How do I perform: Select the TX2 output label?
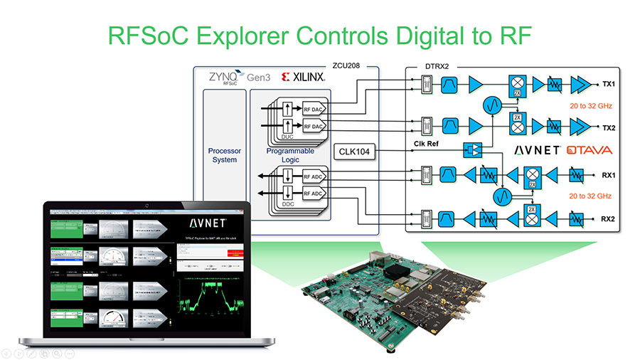(x=608, y=129)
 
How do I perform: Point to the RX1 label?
(x=608, y=174)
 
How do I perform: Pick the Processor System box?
(x=225, y=155)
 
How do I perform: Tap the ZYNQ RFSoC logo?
(x=226, y=76)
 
